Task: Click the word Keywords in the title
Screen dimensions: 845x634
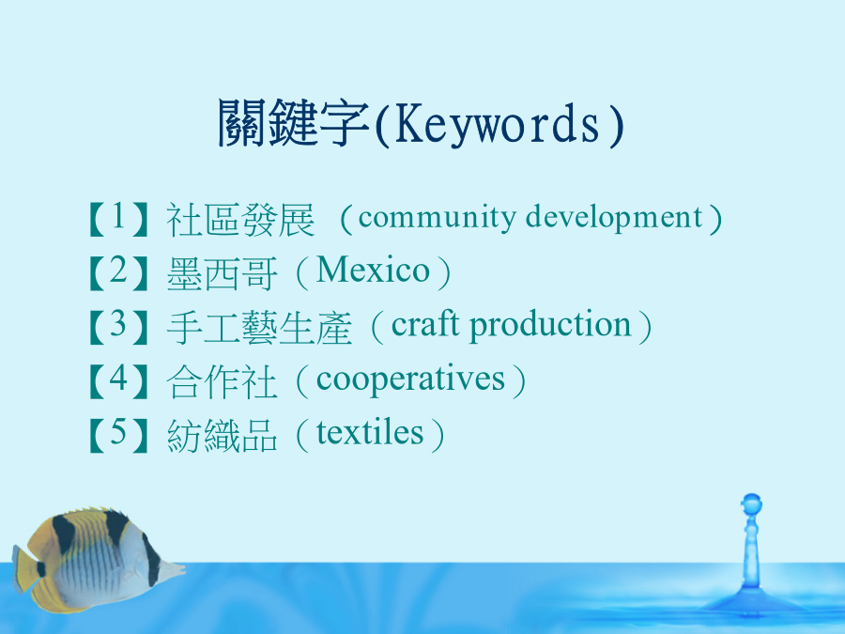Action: point(497,125)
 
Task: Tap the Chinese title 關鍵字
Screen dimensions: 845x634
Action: point(294,123)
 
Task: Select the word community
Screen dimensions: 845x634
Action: point(437,218)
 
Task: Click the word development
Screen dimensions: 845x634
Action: point(614,218)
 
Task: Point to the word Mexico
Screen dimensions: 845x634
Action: point(373,270)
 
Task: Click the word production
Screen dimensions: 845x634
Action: point(550,325)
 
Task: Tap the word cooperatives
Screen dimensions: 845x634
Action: point(410,379)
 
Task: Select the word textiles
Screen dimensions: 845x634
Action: point(370,432)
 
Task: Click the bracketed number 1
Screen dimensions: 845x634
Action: point(118,219)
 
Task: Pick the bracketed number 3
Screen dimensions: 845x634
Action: point(118,327)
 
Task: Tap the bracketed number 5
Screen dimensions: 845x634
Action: point(118,435)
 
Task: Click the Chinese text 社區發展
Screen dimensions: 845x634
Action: point(240,220)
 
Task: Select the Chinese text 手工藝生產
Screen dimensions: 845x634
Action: point(259,328)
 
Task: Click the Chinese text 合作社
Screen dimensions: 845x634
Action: point(222,381)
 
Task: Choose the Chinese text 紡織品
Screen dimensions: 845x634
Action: point(222,436)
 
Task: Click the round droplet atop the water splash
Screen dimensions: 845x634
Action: point(751,504)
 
